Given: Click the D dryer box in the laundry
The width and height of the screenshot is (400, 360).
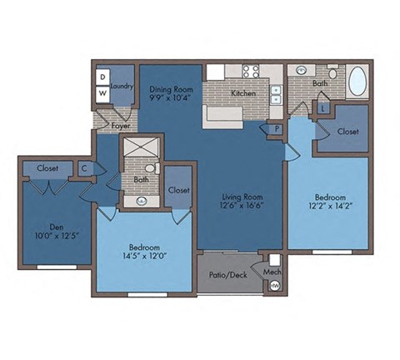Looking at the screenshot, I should coord(102,77).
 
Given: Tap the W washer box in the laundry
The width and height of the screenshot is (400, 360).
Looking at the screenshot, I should coord(102,92).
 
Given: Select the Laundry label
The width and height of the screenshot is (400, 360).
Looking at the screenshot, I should coord(122,84).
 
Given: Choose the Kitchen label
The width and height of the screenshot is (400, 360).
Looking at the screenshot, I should coord(244,93).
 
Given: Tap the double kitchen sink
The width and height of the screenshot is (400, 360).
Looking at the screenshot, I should coord(275,93).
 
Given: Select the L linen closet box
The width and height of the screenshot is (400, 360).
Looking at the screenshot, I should coord(322,107).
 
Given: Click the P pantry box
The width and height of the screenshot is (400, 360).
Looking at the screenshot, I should coord(274,128).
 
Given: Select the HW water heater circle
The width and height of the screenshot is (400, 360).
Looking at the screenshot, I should coord(274,286).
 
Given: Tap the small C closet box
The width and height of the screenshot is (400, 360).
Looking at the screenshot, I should coord(84,167).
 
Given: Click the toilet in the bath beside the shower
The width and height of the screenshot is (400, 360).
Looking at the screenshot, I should coord(150,167).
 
